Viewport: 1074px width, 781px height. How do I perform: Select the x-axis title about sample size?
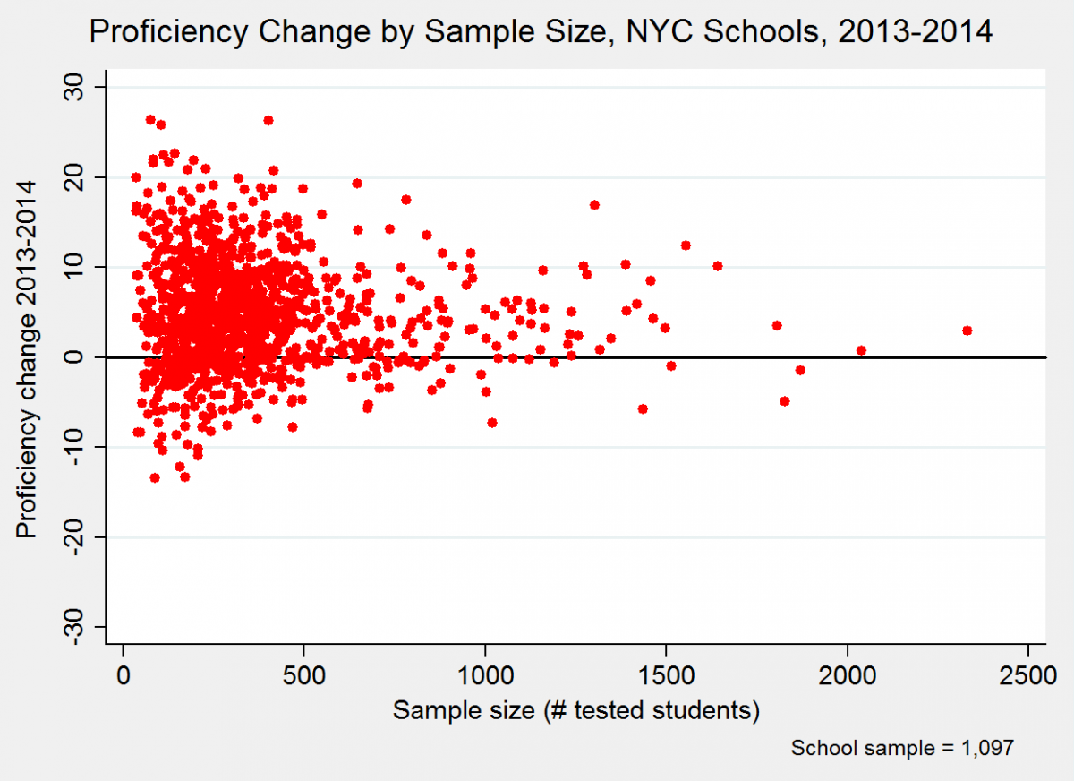576,711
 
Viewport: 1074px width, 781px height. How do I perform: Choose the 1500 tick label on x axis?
667,674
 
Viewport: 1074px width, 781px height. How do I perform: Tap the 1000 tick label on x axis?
485,674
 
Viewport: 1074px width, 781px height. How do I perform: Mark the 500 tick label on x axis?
304,674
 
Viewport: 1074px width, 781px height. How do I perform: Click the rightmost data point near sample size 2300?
967,330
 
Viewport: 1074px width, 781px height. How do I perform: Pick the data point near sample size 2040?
861,350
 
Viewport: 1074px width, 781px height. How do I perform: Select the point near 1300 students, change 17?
594,205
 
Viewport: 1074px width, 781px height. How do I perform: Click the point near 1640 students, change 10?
717,266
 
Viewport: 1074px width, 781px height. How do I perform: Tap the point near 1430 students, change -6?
643,409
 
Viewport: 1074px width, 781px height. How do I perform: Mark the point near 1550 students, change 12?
686,245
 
